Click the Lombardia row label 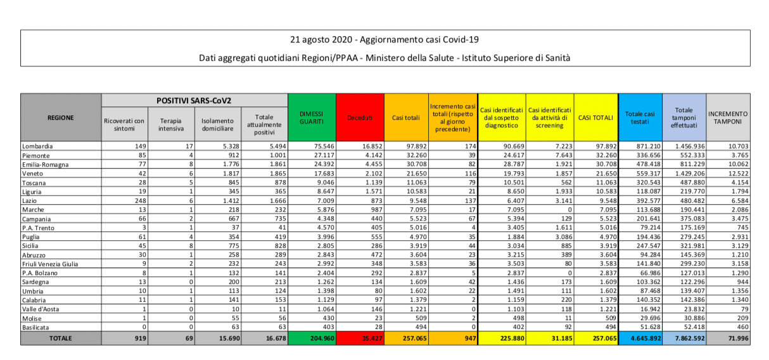(x=38, y=146)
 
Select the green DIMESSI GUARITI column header (x=312, y=117)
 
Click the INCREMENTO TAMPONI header (x=728, y=117)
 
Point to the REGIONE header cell (x=60, y=117)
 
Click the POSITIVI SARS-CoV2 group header (x=194, y=100)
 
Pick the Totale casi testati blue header (x=640, y=117)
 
